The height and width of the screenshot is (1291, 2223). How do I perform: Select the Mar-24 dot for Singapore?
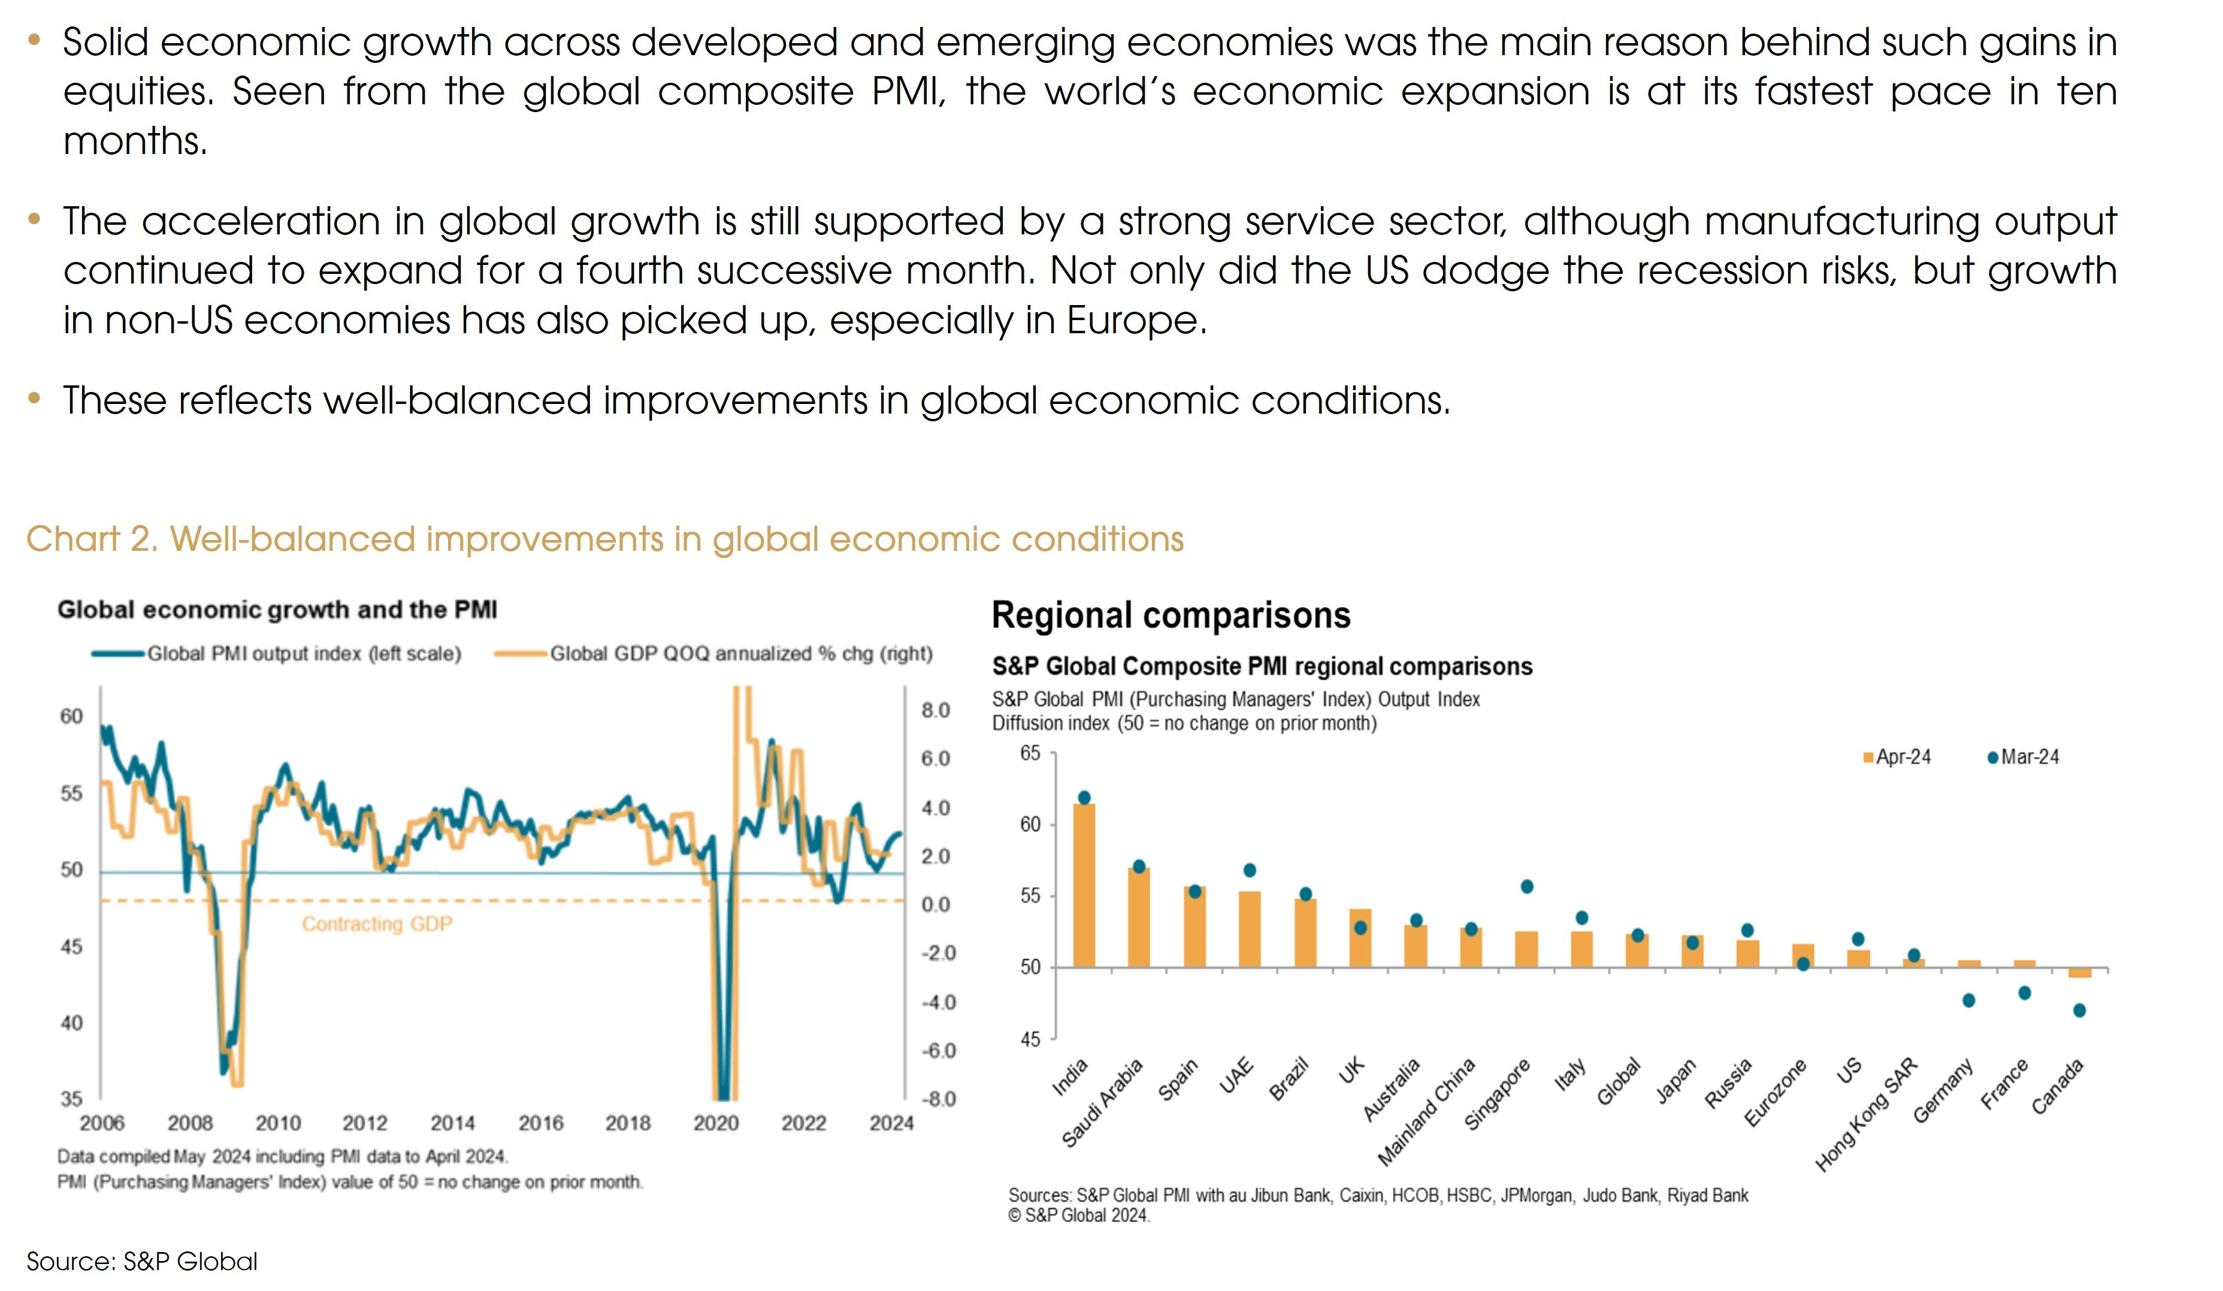[1526, 886]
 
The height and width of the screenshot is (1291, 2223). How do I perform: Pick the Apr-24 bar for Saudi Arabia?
[1138, 918]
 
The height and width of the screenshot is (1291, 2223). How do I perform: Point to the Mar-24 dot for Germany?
[1968, 1000]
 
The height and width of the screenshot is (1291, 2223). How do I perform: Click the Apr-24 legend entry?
[1896, 757]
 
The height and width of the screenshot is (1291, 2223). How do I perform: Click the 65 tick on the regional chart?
[1030, 753]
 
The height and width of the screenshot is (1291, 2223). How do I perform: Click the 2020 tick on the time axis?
[715, 1123]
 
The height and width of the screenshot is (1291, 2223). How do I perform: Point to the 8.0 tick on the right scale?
[935, 710]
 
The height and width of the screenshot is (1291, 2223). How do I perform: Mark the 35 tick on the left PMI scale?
[71, 1099]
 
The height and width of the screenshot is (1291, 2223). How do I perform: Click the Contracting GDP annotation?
[377, 924]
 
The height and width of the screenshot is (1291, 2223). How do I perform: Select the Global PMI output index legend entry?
[277, 654]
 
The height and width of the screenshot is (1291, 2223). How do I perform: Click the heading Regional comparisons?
[1171, 615]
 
